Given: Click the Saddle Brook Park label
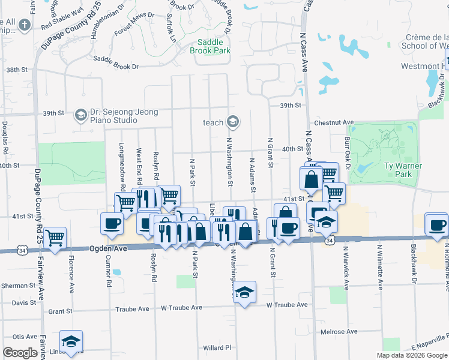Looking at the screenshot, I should [210, 47].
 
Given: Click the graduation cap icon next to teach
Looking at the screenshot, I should [233, 122].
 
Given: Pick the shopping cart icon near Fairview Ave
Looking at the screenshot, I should [55, 238].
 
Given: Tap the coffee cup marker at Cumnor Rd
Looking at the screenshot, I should [112, 223].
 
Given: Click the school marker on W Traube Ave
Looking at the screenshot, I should [244, 292].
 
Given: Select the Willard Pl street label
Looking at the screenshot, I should [217, 347].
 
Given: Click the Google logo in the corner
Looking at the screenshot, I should [20, 353].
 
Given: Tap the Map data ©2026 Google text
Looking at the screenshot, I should [412, 355].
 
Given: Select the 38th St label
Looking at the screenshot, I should [17, 70].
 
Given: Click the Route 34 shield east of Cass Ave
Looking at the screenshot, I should [330, 240].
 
